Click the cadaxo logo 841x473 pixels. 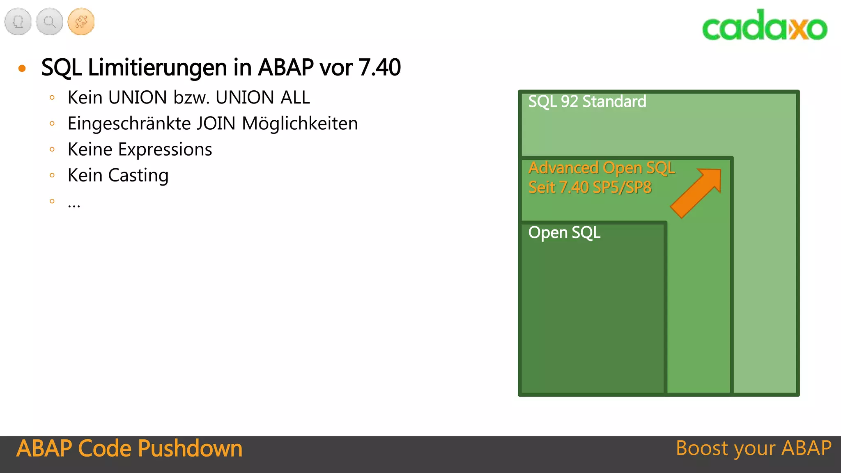[x=765, y=25]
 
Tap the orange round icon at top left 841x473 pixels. [x=81, y=22]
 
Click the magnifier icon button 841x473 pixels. [x=49, y=22]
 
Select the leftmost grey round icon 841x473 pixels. [x=18, y=22]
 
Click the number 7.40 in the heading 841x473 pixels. [x=379, y=68]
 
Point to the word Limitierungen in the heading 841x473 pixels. [x=158, y=68]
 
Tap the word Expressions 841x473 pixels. [x=165, y=149]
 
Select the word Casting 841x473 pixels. [x=138, y=176]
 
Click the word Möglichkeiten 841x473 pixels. [x=300, y=124]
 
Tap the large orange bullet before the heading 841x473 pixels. [x=22, y=68]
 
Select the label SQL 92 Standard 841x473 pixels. [x=587, y=101]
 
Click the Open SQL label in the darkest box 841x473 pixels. [x=564, y=233]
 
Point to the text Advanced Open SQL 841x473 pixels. [x=601, y=168]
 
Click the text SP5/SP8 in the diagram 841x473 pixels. [x=622, y=188]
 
